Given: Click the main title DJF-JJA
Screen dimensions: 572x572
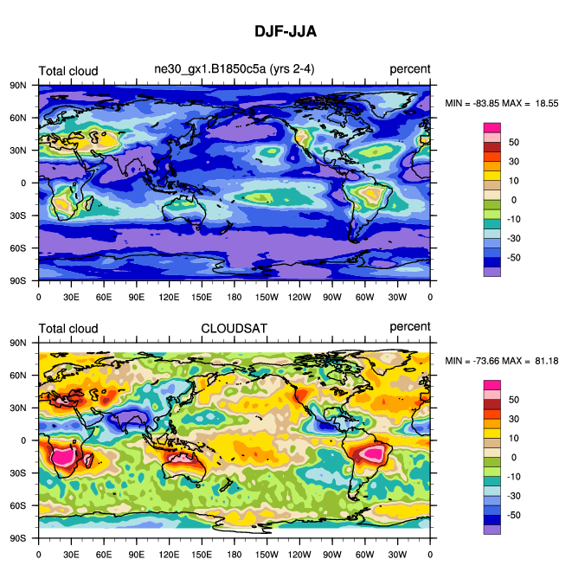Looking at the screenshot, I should (x=286, y=32).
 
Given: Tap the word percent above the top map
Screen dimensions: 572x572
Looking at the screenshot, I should (x=409, y=70).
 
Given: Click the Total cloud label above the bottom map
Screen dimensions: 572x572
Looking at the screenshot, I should (x=68, y=327).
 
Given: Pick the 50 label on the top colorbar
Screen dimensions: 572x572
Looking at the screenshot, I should (x=513, y=142).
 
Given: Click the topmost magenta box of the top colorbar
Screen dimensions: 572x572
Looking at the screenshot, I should (x=492, y=127).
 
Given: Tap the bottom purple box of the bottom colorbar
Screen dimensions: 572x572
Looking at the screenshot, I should (x=492, y=529).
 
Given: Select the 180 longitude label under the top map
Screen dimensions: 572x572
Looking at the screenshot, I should (x=235, y=297).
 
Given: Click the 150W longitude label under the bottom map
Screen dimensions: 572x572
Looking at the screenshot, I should (x=267, y=554).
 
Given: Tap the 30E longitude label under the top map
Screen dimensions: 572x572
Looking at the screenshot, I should (x=71, y=297).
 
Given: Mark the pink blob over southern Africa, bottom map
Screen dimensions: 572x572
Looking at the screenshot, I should (x=63, y=457).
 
